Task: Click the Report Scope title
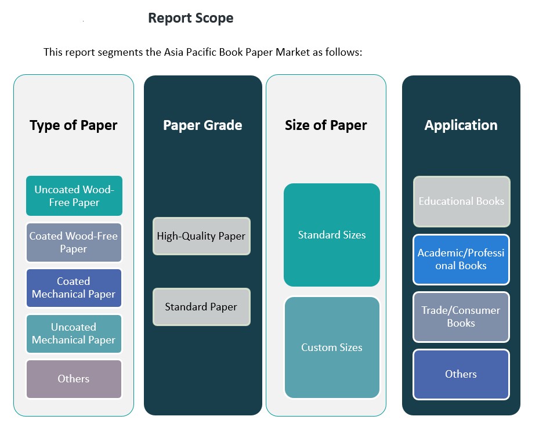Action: (x=190, y=18)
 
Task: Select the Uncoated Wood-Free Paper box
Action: (x=74, y=196)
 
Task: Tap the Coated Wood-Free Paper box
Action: (x=74, y=243)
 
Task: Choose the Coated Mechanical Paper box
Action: (x=74, y=288)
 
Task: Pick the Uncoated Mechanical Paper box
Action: (x=74, y=334)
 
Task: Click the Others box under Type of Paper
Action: (x=74, y=379)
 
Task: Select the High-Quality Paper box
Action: (x=201, y=236)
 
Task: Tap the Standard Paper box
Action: (x=201, y=307)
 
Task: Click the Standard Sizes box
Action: (x=332, y=235)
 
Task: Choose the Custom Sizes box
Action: (x=332, y=348)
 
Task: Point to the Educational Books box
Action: (x=461, y=201)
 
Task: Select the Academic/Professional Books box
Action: (x=461, y=259)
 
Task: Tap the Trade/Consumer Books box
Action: (x=461, y=317)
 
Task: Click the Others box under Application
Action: (x=461, y=374)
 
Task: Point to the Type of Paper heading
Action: (x=74, y=125)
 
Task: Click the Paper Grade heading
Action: (x=202, y=125)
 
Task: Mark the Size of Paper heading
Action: (x=326, y=125)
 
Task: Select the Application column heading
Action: (x=461, y=125)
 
